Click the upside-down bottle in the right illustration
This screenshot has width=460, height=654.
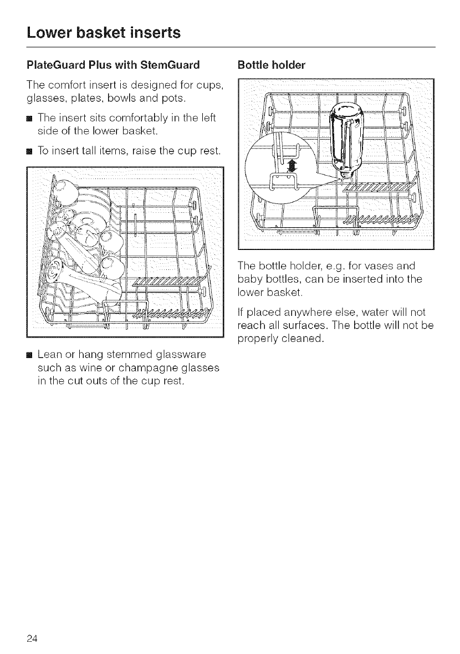coord(344,135)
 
